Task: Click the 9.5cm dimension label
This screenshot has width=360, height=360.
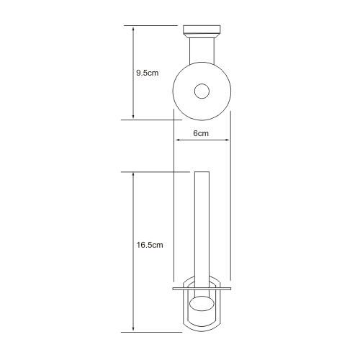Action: click(148, 73)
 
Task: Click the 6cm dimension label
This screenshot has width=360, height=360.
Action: click(201, 133)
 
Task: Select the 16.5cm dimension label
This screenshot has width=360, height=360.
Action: click(150, 245)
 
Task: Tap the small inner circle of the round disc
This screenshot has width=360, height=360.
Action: click(202, 91)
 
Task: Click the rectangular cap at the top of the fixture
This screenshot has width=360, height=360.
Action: click(202, 29)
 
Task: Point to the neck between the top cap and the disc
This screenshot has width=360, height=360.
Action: click(202, 50)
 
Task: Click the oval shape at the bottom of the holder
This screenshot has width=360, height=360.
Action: click(202, 304)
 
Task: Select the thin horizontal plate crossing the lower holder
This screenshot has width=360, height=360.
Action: click(202, 289)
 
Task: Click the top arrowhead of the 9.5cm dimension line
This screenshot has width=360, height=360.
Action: click(133, 30)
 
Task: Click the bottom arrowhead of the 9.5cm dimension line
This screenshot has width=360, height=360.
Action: click(133, 116)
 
